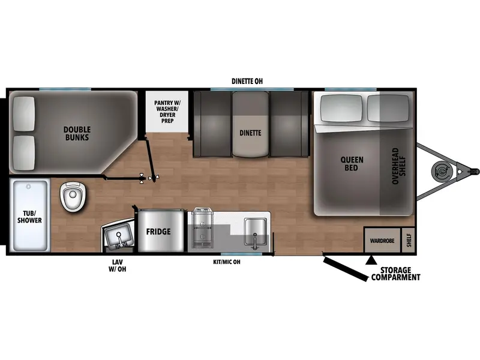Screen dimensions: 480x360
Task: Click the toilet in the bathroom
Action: click(x=73, y=196)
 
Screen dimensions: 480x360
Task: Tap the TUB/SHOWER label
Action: click(x=29, y=217)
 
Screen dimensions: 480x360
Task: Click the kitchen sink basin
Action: click(x=254, y=232)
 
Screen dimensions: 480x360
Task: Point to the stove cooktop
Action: click(x=202, y=228)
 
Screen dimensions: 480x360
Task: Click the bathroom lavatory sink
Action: click(x=119, y=236)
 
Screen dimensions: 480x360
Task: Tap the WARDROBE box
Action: click(x=382, y=240)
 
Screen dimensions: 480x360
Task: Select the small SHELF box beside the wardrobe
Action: click(x=409, y=240)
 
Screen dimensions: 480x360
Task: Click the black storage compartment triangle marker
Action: click(x=371, y=260)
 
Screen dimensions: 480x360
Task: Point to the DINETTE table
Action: click(x=251, y=124)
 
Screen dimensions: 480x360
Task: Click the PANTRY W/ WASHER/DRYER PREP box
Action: click(x=167, y=112)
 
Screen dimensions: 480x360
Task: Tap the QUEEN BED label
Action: click(x=352, y=163)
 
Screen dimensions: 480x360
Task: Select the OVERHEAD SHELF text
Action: click(x=399, y=166)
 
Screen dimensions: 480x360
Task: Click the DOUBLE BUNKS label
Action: click(x=77, y=133)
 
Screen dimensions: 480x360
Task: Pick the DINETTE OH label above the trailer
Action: click(x=247, y=81)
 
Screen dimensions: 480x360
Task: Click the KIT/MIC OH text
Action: click(x=227, y=262)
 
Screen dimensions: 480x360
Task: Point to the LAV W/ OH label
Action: click(x=117, y=265)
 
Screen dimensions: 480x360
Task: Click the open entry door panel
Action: click(x=345, y=268)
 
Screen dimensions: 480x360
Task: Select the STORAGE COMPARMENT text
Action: click(x=395, y=274)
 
